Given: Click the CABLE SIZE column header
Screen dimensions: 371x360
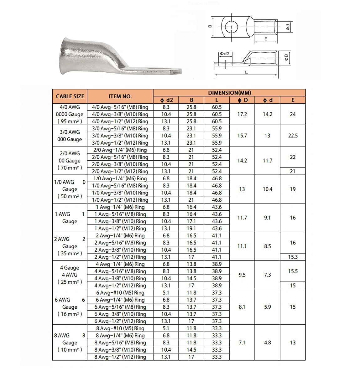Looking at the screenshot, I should pos(70,96).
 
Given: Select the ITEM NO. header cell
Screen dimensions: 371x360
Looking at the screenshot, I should pos(120,96).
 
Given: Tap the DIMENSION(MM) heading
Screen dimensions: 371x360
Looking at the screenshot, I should pos(229,93).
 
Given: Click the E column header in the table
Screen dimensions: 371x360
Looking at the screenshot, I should pos(293,100).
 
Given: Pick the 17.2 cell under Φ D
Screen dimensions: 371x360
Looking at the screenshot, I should pos(242,114).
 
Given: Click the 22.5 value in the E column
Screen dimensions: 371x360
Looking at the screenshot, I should pos(293,136).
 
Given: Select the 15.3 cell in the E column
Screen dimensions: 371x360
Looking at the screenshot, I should pos(293,257).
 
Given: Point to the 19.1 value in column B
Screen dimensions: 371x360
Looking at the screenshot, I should pos(191,229).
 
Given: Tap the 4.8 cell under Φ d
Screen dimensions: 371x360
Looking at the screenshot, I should pos(267,343).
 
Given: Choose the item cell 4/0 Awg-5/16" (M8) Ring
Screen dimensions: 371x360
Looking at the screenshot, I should pos(120,107).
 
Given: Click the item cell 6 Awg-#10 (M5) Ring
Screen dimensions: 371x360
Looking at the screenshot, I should pos(120,293).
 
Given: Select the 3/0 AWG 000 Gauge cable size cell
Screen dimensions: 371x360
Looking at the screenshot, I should pos(70,136).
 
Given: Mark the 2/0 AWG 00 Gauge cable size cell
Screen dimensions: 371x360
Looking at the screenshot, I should pos(70,160).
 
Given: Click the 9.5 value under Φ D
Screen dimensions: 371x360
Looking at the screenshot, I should pos(242,275).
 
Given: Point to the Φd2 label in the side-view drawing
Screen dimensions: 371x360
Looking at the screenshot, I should pos(224,54).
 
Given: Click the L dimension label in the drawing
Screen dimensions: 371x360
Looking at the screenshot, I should pos(246,72).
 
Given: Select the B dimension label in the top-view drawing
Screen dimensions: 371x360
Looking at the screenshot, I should pos(210,26).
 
